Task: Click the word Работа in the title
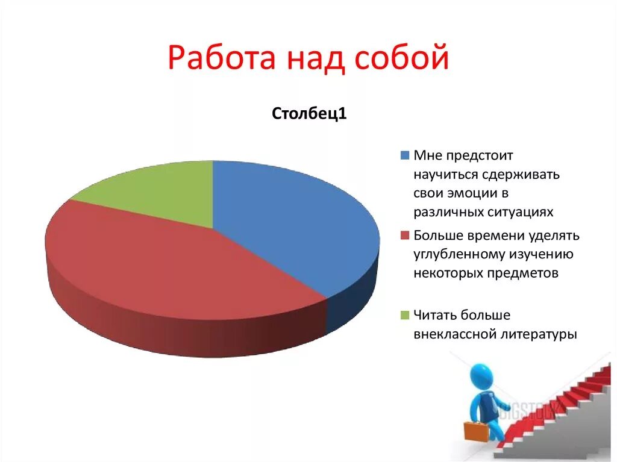click(x=220, y=60)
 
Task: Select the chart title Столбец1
click(x=309, y=114)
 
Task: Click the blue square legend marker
click(x=404, y=155)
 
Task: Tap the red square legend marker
click(x=404, y=235)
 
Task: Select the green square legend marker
click(x=404, y=315)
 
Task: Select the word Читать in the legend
click(x=435, y=315)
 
